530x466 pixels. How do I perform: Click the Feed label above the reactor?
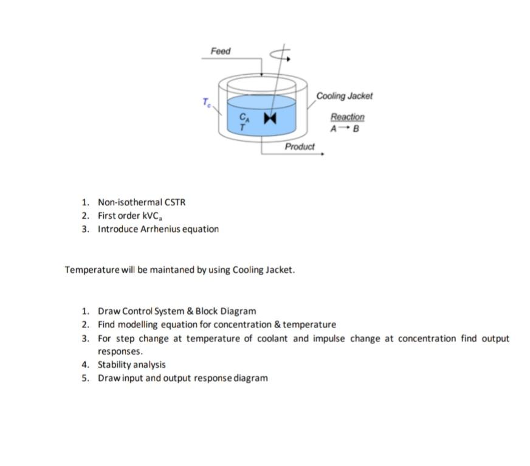click(x=221, y=51)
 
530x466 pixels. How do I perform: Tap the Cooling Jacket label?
click(x=344, y=96)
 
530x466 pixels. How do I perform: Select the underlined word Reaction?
click(x=348, y=117)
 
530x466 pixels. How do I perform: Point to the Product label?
click(x=300, y=146)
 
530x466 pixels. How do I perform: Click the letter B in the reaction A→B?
click(x=356, y=129)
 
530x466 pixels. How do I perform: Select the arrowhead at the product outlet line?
click(x=322, y=154)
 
